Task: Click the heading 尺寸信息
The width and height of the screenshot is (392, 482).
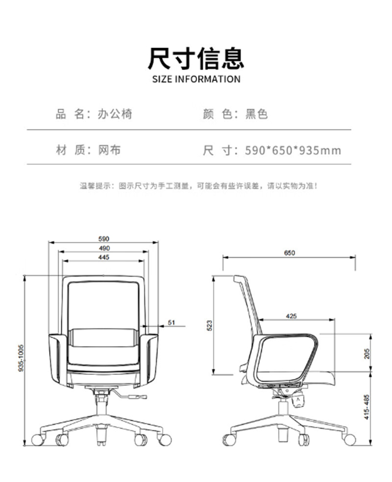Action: click(196, 58)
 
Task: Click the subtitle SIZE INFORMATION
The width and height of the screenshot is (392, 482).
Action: click(196, 79)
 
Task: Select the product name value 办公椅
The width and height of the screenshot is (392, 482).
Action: click(115, 113)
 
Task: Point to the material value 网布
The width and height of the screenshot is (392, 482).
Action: click(109, 151)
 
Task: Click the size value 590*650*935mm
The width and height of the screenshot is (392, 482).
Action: click(293, 151)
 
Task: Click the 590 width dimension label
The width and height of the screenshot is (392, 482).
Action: click(105, 238)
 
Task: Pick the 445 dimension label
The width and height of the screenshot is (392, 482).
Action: click(103, 257)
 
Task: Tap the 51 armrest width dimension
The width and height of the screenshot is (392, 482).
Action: click(171, 323)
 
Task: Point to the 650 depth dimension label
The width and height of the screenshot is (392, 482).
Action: click(290, 253)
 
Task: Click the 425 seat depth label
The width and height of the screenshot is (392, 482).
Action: click(292, 316)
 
